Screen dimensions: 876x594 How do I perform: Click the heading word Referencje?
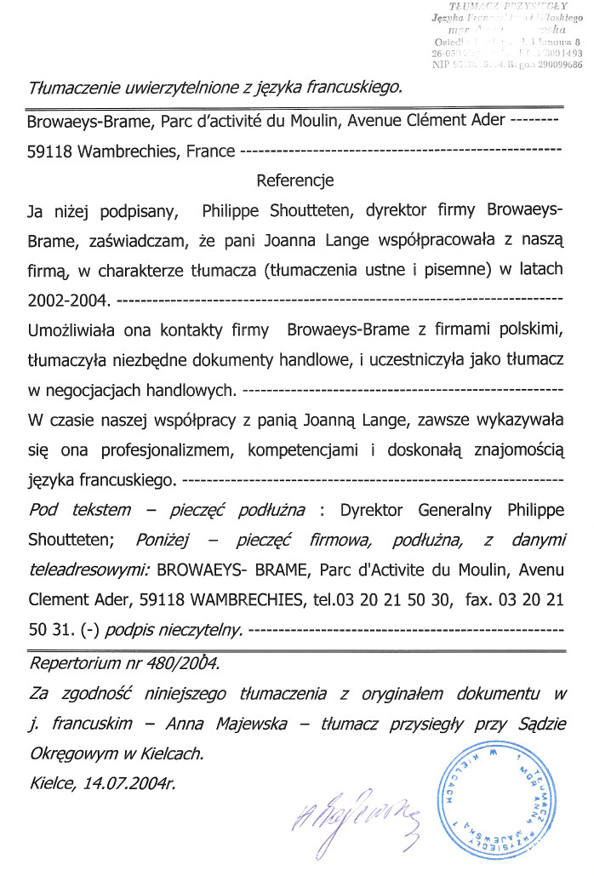294,180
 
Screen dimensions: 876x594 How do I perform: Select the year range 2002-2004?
69,301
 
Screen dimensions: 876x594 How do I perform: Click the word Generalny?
458,510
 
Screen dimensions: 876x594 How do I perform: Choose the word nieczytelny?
209,630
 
